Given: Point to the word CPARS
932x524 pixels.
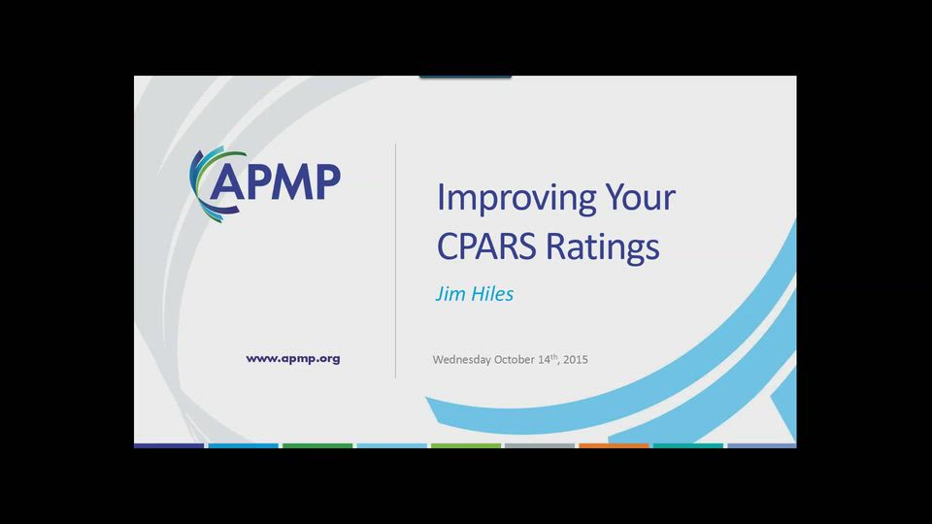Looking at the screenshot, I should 487,246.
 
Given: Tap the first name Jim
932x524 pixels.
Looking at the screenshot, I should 449,294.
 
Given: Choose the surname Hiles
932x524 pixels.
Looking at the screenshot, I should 492,294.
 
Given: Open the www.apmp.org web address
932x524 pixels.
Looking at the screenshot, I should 292,358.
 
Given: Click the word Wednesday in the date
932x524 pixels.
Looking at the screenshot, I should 461,360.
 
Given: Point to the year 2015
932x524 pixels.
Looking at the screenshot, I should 576,360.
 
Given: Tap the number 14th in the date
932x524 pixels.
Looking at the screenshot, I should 548,359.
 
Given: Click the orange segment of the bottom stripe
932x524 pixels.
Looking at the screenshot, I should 614,445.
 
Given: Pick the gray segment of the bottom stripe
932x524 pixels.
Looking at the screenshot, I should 540,445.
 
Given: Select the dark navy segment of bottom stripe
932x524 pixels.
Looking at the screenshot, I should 169,445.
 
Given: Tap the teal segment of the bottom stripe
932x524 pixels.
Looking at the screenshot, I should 687,445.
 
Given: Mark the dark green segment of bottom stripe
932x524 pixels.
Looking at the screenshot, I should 317,445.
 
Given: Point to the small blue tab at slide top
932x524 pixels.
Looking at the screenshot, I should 465,76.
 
